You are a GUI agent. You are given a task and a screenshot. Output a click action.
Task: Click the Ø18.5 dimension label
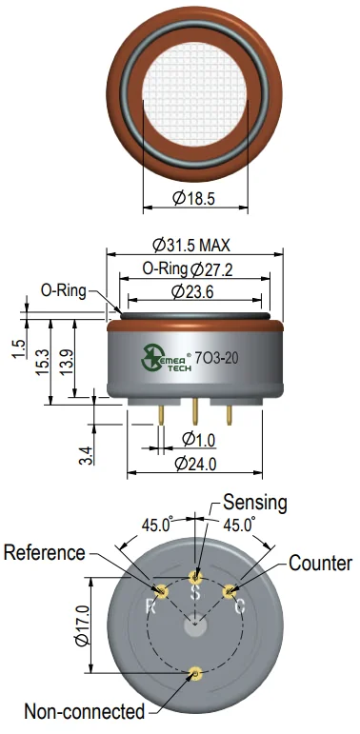[x=194, y=198]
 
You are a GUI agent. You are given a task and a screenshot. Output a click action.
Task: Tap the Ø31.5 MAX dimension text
[x=192, y=245]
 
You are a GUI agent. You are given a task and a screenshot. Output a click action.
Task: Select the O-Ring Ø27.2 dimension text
[x=188, y=269]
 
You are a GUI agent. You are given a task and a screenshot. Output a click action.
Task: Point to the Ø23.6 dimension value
[x=192, y=292]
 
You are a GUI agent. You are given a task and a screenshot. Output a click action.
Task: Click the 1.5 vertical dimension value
[x=18, y=349]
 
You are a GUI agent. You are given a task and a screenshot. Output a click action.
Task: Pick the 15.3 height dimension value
[x=42, y=362]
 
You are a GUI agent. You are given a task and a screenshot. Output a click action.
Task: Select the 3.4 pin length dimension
[x=86, y=455]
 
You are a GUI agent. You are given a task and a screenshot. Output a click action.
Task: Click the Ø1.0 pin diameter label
[x=198, y=440]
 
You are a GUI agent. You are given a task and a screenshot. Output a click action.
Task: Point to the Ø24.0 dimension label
[x=195, y=464]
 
